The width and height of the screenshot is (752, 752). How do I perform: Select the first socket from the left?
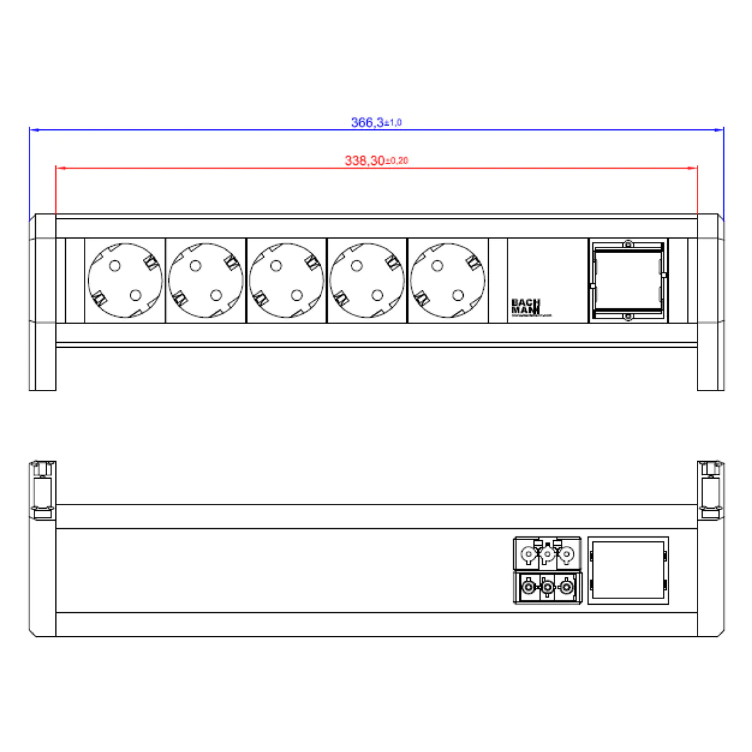(x=125, y=280)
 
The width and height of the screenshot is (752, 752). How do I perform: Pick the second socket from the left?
(x=206, y=280)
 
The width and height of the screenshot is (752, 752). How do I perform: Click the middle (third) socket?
(x=286, y=280)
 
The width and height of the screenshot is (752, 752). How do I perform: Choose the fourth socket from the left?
(x=367, y=280)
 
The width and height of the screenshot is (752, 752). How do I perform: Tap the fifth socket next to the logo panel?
(x=447, y=280)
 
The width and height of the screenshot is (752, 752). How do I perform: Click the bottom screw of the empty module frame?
(x=628, y=318)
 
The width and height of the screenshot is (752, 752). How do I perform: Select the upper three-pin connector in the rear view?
(x=547, y=554)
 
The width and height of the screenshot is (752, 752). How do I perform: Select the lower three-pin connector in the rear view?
(x=547, y=588)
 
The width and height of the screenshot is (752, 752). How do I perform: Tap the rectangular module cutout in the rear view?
(x=628, y=570)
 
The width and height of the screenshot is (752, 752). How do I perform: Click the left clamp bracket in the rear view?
(x=43, y=489)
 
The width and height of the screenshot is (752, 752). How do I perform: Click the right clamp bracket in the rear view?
(x=711, y=489)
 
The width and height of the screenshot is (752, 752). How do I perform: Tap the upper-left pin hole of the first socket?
(x=114, y=266)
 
